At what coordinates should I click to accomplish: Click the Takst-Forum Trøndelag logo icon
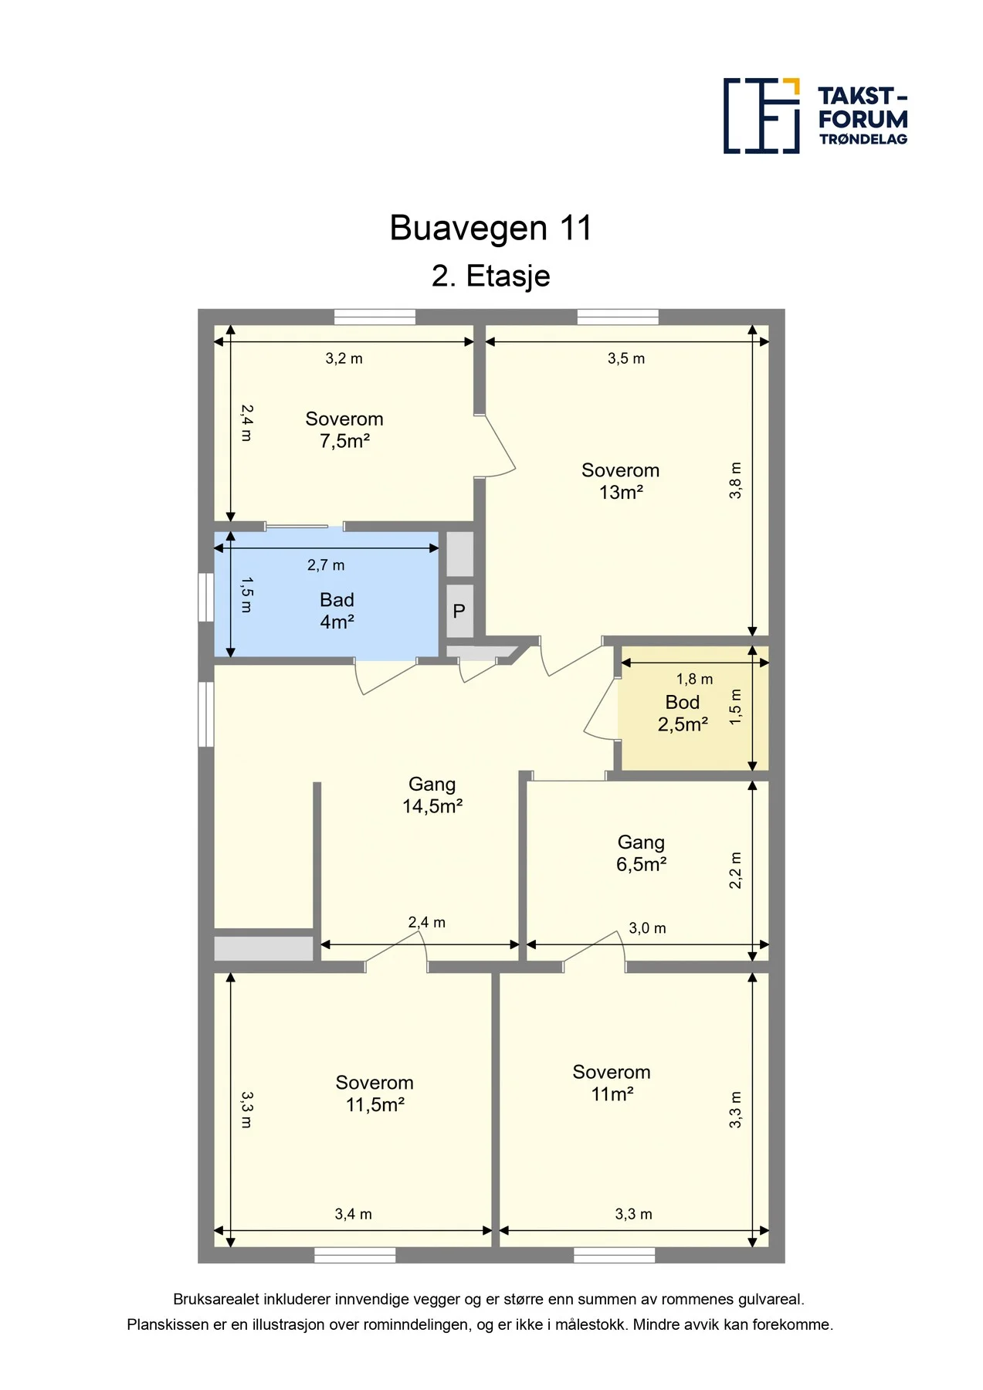[761, 116]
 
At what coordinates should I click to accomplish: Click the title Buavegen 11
[490, 228]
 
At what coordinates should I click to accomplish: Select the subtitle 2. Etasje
[490, 276]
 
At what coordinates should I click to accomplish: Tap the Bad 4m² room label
[337, 611]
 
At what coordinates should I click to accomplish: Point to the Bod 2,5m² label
[683, 714]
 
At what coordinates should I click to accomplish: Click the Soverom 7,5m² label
[344, 430]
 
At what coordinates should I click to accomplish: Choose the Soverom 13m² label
[621, 481]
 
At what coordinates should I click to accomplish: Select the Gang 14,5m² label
[432, 795]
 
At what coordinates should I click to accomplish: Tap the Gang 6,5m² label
[641, 853]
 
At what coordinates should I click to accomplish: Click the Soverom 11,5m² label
[375, 1093]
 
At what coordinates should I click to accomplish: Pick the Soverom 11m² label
[612, 1083]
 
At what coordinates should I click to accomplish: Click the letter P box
[459, 611]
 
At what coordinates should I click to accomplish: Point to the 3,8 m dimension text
[735, 480]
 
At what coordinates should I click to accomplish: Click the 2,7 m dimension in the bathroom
[326, 565]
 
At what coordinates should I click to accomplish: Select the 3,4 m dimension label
[353, 1214]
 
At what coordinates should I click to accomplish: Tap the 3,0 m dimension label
[647, 928]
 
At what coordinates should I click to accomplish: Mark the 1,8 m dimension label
[694, 680]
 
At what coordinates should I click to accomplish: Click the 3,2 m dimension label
[344, 359]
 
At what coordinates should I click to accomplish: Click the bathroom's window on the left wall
[206, 597]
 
